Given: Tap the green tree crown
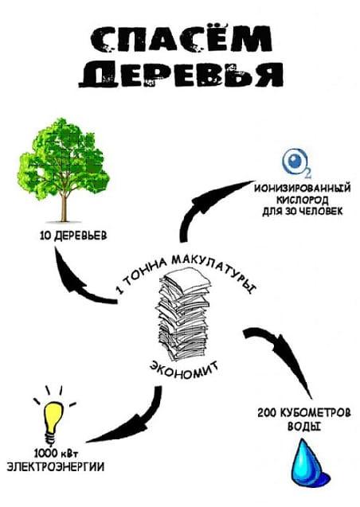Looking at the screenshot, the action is (x=64, y=158).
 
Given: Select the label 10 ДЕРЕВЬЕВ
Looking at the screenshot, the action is (x=73, y=236).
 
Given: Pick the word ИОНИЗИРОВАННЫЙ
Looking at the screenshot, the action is (x=303, y=188).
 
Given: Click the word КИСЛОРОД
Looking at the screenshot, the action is (x=303, y=200).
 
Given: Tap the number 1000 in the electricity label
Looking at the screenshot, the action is (x=45, y=454).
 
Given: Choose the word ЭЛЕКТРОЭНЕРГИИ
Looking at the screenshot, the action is (x=56, y=467).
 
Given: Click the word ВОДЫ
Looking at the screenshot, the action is (x=304, y=426).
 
